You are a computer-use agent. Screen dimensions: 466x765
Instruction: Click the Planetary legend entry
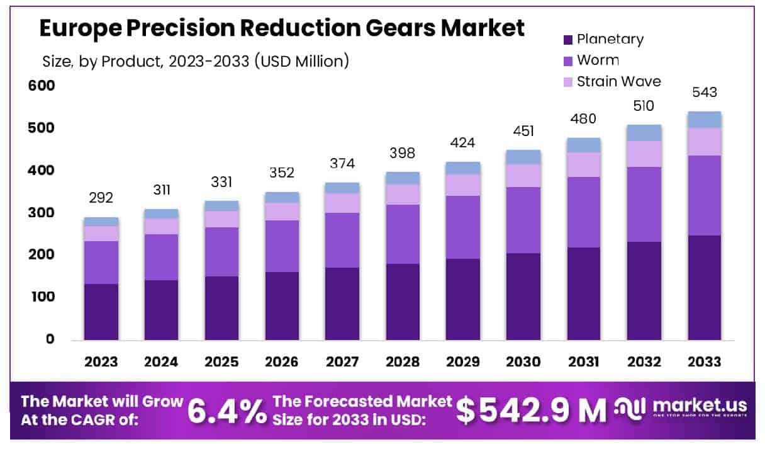point(602,39)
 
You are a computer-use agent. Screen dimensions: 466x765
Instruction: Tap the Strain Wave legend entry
point(610,81)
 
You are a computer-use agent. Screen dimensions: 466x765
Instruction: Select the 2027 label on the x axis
point(342,362)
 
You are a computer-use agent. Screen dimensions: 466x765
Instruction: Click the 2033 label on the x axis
point(704,362)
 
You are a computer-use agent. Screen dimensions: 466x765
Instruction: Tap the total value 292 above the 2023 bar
point(101,198)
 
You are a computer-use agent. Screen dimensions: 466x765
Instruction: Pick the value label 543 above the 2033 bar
point(705,93)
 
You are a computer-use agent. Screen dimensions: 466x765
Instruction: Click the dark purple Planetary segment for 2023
point(101,312)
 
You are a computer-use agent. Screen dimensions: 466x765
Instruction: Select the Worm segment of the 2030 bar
point(523,220)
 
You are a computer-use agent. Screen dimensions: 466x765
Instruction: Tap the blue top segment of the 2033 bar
point(705,120)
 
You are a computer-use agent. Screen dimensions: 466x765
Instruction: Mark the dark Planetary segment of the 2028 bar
point(403,302)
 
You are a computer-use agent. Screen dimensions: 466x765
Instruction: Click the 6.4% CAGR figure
point(227,411)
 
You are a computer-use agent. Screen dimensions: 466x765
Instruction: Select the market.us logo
point(683,409)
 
